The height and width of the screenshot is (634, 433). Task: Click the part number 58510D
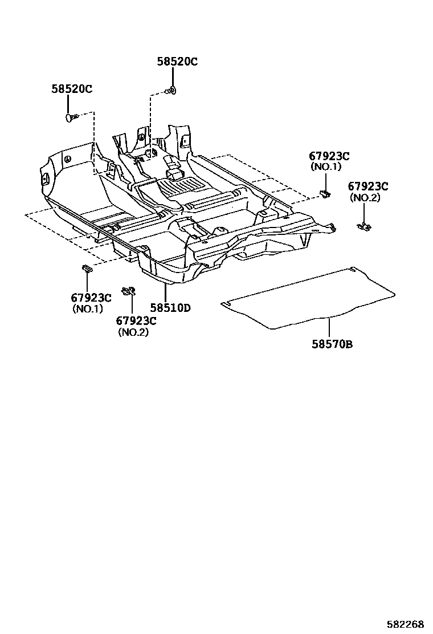point(166,308)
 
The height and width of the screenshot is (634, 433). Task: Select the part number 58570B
point(332,344)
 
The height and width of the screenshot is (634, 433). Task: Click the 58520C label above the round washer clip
point(177,62)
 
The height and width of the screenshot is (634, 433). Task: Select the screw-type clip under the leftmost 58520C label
point(71,117)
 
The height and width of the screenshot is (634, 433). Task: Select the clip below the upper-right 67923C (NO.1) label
point(325,194)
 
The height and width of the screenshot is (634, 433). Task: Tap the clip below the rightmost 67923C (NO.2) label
point(363,226)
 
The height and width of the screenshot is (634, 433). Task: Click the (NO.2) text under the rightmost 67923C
point(365,198)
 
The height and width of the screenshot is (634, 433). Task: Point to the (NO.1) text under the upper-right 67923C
point(325,166)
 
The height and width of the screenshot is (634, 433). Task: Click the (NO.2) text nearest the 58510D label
point(133,332)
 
